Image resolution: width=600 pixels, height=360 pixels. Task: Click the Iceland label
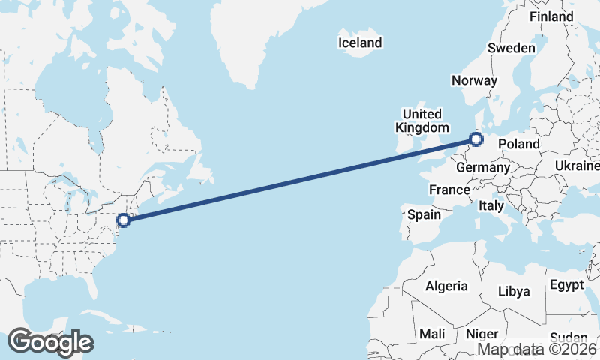[x=360, y=43]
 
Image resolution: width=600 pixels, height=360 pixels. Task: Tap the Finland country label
[x=551, y=16]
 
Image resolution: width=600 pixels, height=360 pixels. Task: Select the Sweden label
[x=511, y=48]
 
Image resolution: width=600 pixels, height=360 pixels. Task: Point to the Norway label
[x=474, y=80]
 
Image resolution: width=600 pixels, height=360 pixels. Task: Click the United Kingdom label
[x=422, y=121]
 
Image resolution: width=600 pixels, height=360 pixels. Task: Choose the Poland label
[x=518, y=143]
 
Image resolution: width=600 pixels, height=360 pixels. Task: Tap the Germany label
[x=483, y=167]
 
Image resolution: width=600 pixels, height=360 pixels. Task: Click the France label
[x=449, y=190]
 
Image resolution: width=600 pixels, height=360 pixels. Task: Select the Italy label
[x=491, y=205]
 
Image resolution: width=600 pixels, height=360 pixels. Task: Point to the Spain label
[x=424, y=214]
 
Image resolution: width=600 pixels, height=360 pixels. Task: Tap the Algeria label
[x=446, y=286]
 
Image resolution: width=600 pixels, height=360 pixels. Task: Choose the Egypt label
[x=566, y=285]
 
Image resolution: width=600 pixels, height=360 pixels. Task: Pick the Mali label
[x=432, y=334]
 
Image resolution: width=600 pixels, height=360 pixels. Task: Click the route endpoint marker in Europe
[x=475, y=139]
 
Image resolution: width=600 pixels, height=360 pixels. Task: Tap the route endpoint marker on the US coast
[x=124, y=220]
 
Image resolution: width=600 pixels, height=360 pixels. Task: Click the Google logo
[x=50, y=341]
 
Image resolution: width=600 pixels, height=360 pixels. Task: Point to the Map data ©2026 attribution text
[x=538, y=349]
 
